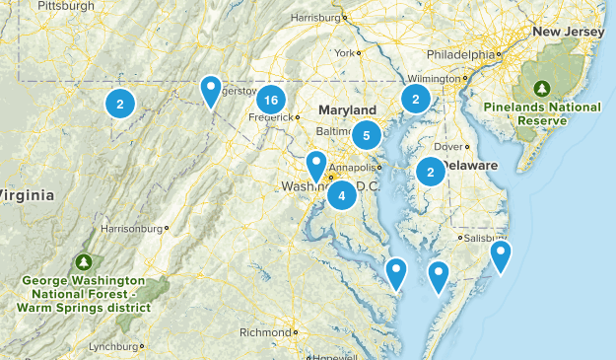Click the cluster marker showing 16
point(271,100)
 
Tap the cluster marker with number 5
point(366,135)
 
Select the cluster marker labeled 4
point(341,195)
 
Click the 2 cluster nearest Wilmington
point(416,99)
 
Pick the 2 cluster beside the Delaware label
point(431,172)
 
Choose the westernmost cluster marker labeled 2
point(119,103)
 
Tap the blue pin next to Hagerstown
point(210,91)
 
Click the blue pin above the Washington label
point(315,166)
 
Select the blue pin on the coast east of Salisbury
point(501,256)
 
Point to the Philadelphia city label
point(460,54)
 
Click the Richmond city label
point(264,332)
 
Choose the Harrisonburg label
point(130,229)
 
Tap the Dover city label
point(448,147)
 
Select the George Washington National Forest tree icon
point(84,262)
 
